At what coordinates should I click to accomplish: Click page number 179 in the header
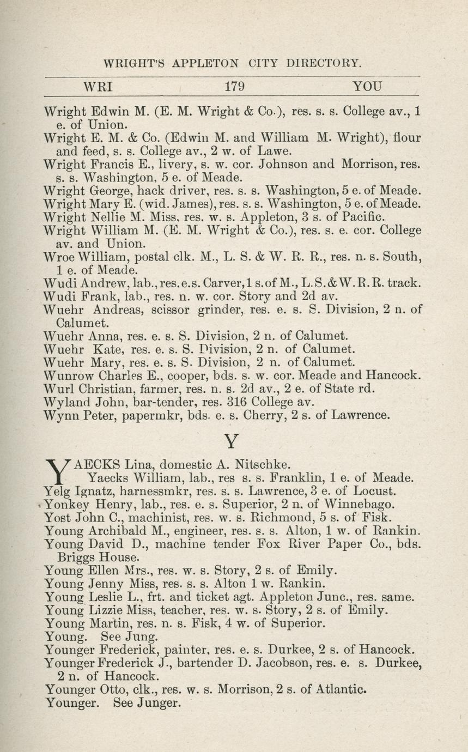click(234, 86)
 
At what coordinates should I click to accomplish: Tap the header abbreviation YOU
click(367, 86)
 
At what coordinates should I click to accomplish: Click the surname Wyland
click(66, 402)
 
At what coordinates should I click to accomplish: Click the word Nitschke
click(262, 465)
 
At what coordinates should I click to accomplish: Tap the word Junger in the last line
click(159, 703)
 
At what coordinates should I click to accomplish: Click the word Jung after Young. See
click(144, 636)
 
